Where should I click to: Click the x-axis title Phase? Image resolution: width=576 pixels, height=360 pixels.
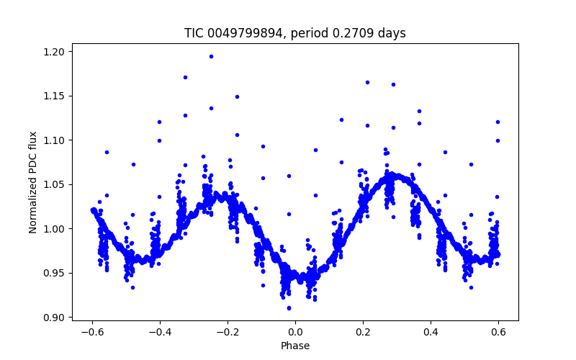pyautogui.click(x=295, y=346)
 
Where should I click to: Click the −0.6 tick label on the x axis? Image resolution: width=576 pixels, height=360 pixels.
pyautogui.click(x=91, y=332)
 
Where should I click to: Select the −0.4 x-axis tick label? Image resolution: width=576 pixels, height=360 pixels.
pyautogui.click(x=159, y=332)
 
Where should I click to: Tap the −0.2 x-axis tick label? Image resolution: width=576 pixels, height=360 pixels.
pyautogui.click(x=227, y=332)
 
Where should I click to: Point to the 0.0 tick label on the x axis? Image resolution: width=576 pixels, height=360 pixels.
pyautogui.click(x=295, y=332)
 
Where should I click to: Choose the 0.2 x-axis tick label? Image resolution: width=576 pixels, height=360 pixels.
pyautogui.click(x=363, y=332)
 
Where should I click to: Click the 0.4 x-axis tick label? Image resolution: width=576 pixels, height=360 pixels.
pyautogui.click(x=431, y=332)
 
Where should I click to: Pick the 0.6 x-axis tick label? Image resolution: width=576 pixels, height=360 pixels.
pyautogui.click(x=498, y=332)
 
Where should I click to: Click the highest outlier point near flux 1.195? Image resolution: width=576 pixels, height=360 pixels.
pyautogui.click(x=211, y=56)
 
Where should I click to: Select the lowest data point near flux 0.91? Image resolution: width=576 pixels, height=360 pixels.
pyautogui.click(x=289, y=308)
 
